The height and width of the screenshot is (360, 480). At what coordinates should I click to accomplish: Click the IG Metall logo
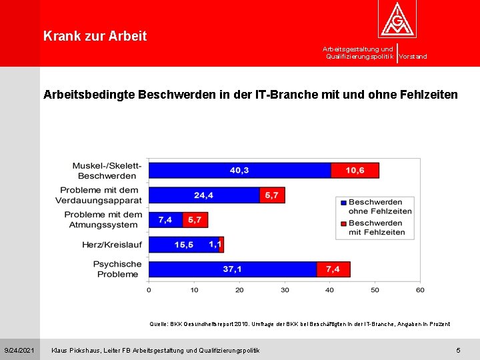pyautogui.click(x=397, y=19)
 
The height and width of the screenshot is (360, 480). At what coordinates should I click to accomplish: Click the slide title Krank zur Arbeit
pyautogui.click(x=95, y=36)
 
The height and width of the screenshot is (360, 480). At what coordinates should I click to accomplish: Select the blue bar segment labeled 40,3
pyautogui.click(x=240, y=171)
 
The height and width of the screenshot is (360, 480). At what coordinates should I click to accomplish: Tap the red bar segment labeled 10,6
pyautogui.click(x=355, y=171)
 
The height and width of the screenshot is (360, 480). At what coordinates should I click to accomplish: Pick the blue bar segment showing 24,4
pyautogui.click(x=204, y=195)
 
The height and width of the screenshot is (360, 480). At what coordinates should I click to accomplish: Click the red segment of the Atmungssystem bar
pyautogui.click(x=195, y=220)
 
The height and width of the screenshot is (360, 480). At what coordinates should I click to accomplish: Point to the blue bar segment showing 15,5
pyautogui.click(x=184, y=245)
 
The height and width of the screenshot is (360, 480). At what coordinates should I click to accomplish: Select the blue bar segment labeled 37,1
pyautogui.click(x=233, y=269)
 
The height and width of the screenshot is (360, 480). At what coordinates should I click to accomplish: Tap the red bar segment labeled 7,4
pyautogui.click(x=333, y=269)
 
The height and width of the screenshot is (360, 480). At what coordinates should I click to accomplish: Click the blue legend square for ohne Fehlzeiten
pyautogui.click(x=343, y=203)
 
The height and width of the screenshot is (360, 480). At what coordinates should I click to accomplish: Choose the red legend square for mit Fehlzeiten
pyautogui.click(x=343, y=224)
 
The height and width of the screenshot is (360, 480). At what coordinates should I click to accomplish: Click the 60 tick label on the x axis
pyautogui.click(x=420, y=290)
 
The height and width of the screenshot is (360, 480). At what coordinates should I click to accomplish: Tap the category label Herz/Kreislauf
pyautogui.click(x=112, y=245)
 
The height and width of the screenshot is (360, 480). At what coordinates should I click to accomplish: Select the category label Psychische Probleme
pyautogui.click(x=117, y=269)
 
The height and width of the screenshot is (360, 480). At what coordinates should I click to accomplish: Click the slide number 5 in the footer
pyautogui.click(x=458, y=350)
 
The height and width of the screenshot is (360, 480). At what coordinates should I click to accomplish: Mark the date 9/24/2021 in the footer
pyautogui.click(x=19, y=350)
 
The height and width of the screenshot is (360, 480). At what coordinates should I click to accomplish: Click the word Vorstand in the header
pyautogui.click(x=413, y=56)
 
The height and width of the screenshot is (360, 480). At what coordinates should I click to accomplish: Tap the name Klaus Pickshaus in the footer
pyautogui.click(x=76, y=350)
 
